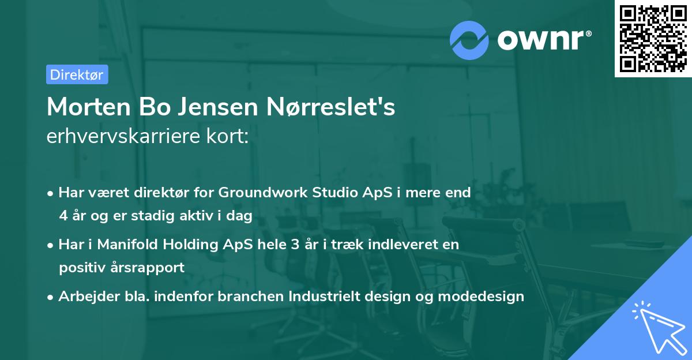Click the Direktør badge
point(77,74)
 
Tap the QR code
point(653,38)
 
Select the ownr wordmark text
point(544,39)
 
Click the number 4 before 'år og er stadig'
point(62,215)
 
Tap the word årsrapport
point(152,267)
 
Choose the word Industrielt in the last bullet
point(325,297)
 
